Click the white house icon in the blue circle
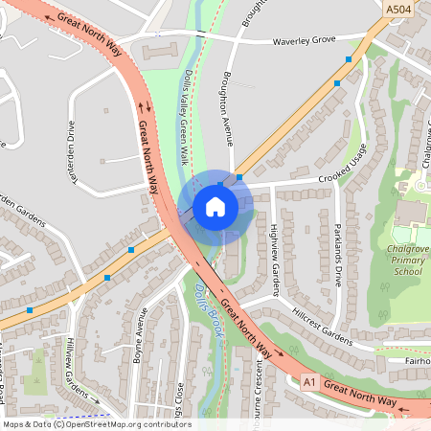[215, 206]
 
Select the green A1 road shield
[308, 380]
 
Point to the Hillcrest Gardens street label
[310, 325]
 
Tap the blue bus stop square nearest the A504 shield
[349, 59]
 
